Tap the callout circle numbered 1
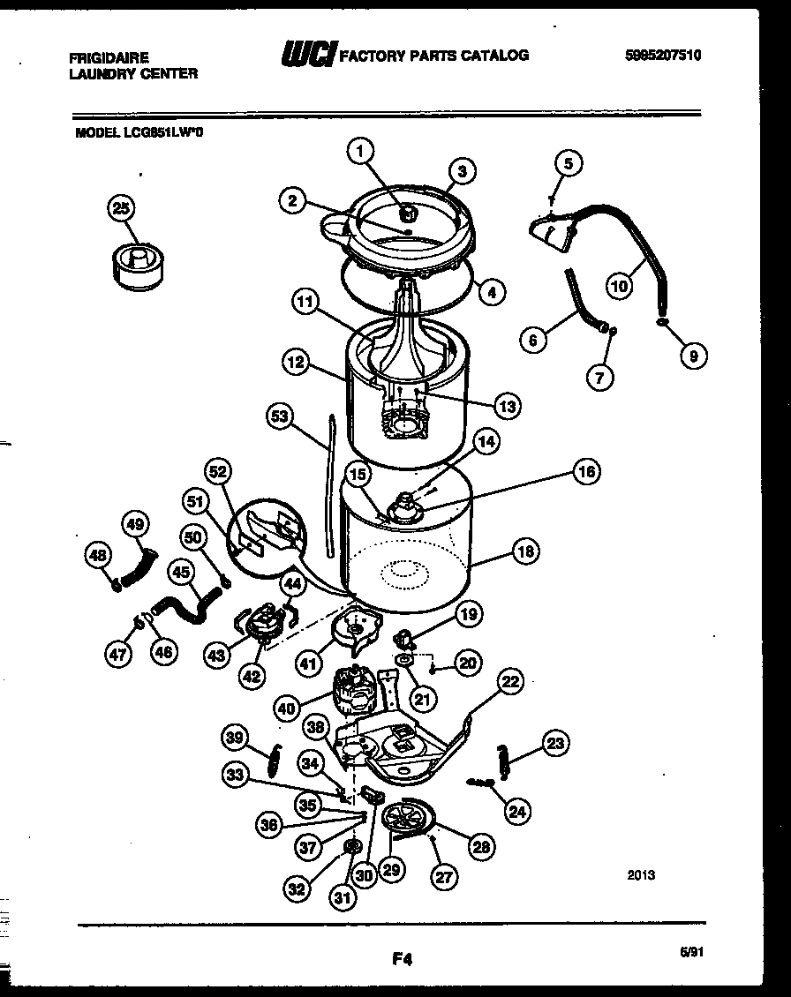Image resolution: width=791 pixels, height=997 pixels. click(358, 152)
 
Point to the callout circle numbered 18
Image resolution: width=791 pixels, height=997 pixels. click(526, 553)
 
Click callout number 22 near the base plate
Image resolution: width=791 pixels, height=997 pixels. click(510, 681)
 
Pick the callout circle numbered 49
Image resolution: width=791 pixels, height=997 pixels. click(133, 523)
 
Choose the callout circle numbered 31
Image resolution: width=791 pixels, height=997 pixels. click(342, 897)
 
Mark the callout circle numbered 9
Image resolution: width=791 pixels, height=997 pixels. click(693, 356)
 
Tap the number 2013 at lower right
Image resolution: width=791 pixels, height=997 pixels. click(641, 875)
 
